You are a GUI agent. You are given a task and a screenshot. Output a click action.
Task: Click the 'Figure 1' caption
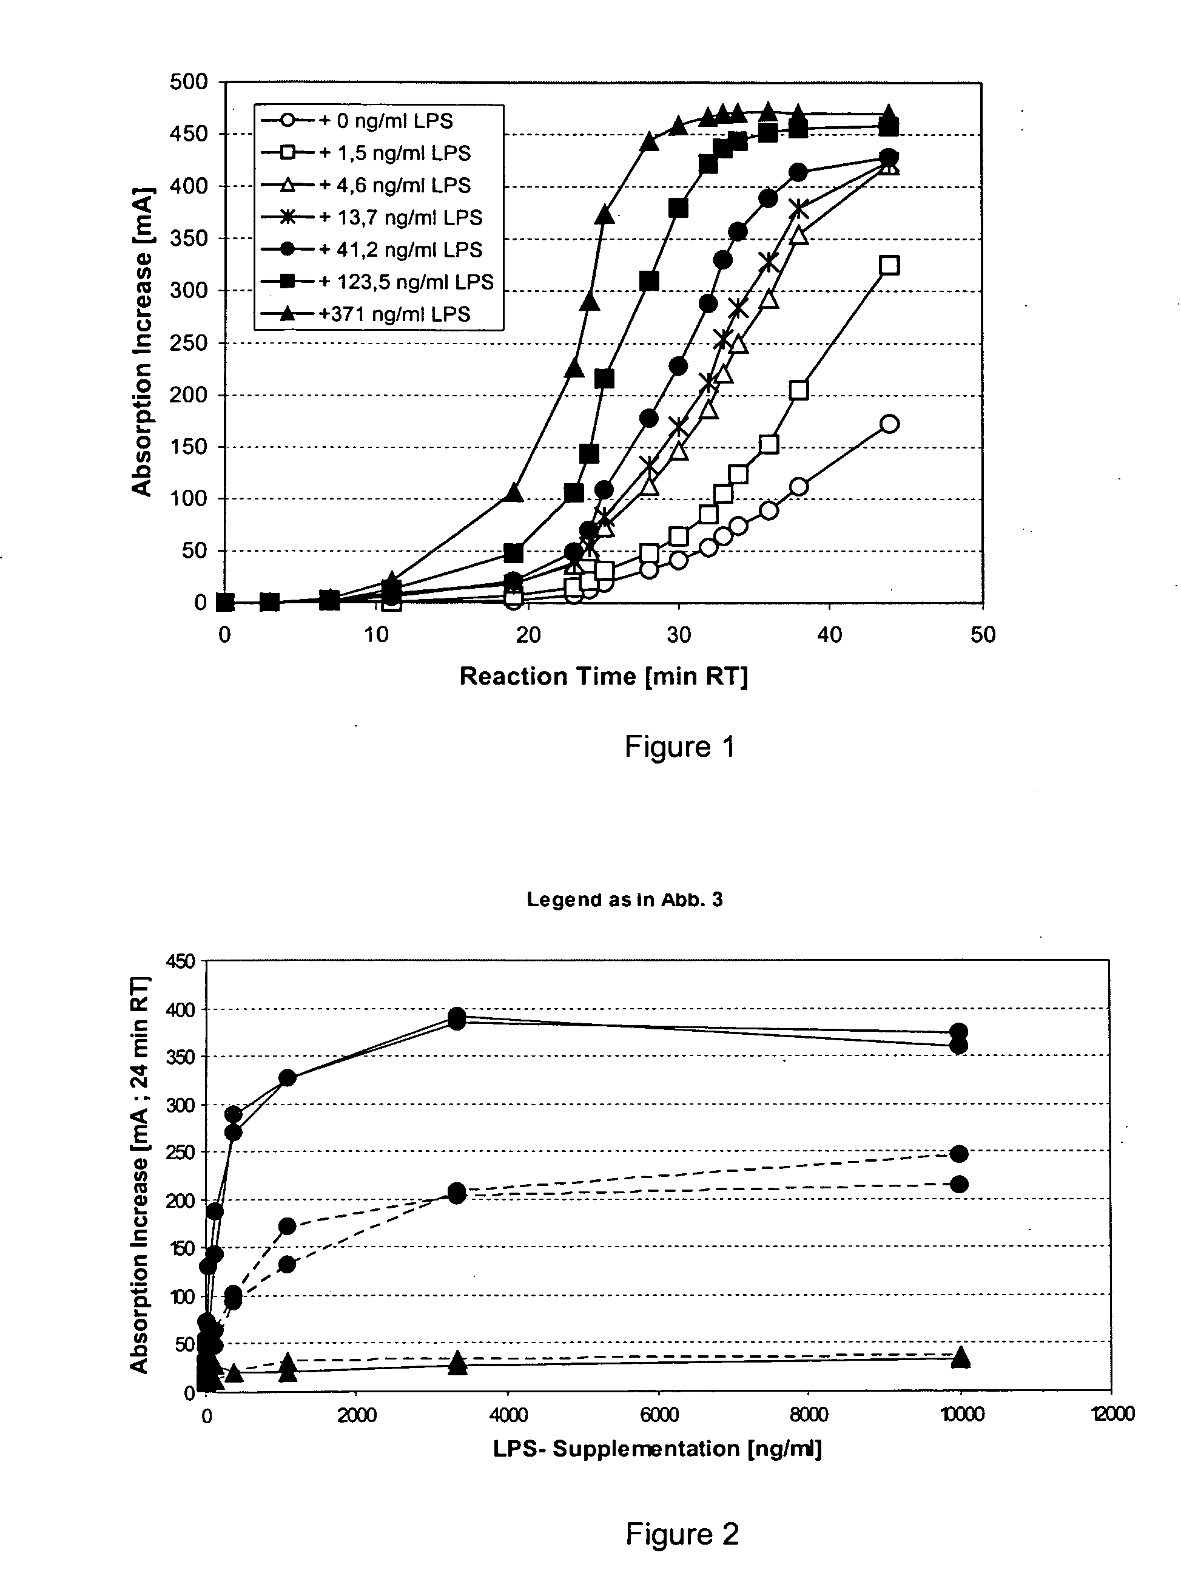(x=680, y=747)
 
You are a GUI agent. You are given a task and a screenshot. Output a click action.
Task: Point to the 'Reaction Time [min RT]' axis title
(x=604, y=676)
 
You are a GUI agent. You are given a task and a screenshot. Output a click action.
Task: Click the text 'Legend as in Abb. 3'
(x=625, y=900)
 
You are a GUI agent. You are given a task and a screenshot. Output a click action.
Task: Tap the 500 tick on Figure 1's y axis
(x=189, y=81)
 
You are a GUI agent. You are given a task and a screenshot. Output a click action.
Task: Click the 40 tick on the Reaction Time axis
(x=829, y=635)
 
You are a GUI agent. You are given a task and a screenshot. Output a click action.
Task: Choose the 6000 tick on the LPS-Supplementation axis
(x=658, y=1414)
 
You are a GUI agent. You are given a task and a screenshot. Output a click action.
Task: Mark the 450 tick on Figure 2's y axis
(x=180, y=961)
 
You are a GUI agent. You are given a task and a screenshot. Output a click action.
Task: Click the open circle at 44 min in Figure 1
(x=889, y=424)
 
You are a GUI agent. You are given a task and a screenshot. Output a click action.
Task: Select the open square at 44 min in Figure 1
(x=889, y=265)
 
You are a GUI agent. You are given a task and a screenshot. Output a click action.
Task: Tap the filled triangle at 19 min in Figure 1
(x=513, y=493)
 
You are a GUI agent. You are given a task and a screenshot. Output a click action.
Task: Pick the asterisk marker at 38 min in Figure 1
(x=799, y=209)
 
